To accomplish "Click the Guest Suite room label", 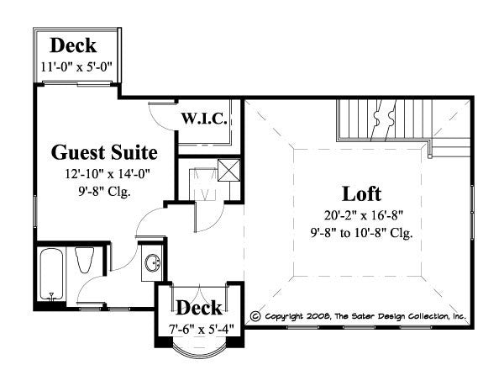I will [x=104, y=152].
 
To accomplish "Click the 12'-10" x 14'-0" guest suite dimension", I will [x=104, y=174].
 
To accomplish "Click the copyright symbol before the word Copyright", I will [x=255, y=317].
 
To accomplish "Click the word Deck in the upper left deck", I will [x=73, y=46].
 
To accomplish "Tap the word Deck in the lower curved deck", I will [x=198, y=306].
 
